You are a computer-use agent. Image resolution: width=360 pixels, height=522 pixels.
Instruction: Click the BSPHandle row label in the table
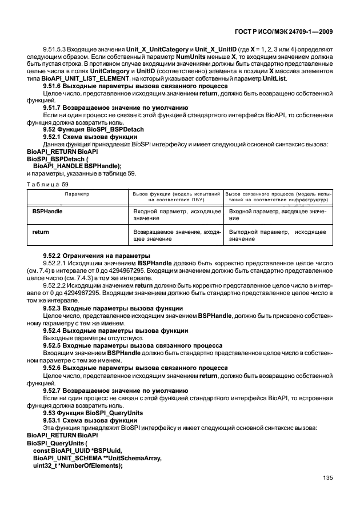[47, 212]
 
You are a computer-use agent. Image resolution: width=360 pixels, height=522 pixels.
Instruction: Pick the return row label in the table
[39, 232]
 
